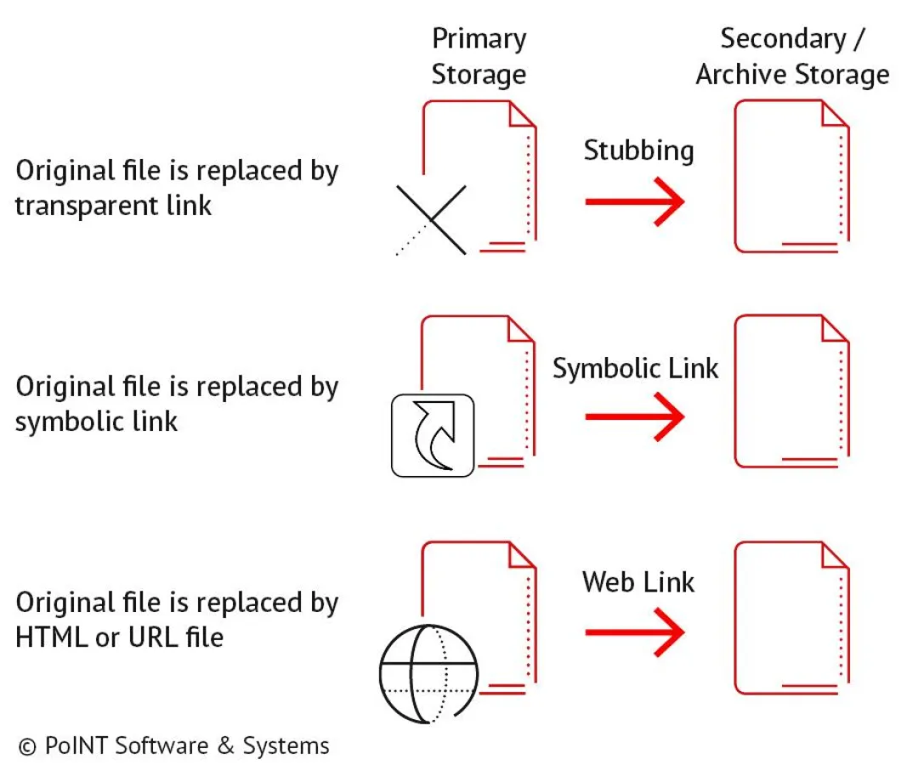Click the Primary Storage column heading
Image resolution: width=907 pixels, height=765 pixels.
point(479,56)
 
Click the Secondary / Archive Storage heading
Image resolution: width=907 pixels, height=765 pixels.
point(792,56)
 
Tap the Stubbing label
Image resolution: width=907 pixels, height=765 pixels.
point(638,150)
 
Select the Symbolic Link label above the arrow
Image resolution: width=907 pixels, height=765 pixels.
point(636,368)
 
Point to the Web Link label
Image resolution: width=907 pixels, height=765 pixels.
point(638,582)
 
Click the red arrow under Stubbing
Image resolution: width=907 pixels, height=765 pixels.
point(634,202)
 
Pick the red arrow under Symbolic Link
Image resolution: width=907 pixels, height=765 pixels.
point(634,416)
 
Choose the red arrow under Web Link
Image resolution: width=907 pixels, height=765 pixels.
point(634,632)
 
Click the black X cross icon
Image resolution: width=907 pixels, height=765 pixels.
point(433,219)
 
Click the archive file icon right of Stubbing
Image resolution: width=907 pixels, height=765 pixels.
point(791,176)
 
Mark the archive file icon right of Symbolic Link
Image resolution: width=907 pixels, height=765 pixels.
point(791,391)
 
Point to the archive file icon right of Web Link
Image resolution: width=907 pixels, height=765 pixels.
point(791,618)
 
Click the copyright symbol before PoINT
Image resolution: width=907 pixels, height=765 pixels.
point(27,746)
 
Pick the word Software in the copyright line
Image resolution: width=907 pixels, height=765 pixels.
point(161,746)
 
